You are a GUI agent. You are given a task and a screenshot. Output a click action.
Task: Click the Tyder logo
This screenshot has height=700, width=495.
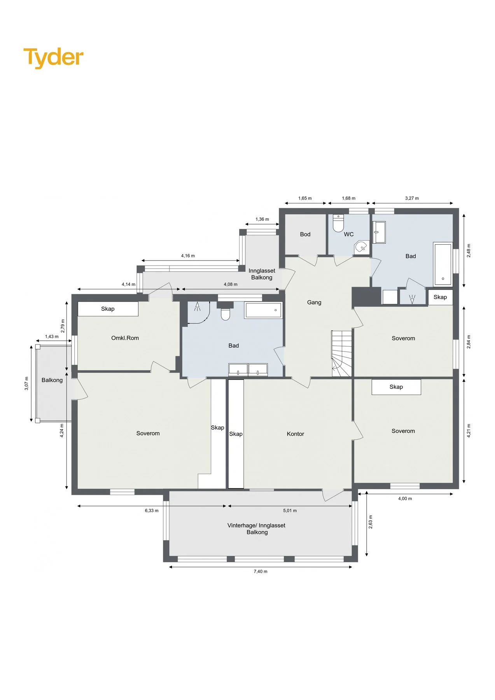53,58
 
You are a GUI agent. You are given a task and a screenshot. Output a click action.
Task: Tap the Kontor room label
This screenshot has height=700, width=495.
295,434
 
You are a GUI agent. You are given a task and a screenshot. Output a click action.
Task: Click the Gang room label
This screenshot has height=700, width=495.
314,303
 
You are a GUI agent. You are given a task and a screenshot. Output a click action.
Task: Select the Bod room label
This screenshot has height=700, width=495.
305,234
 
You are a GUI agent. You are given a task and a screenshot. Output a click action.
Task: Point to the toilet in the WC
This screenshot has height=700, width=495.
338,223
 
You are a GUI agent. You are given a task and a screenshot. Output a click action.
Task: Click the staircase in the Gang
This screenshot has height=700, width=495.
342,353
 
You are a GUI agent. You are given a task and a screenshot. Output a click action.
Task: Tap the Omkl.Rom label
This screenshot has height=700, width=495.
125,338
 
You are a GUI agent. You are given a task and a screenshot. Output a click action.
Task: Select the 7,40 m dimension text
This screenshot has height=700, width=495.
261,571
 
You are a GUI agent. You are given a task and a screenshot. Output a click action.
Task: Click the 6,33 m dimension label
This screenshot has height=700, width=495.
152,511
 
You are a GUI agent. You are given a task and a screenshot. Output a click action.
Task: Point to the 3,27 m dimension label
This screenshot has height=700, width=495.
412,198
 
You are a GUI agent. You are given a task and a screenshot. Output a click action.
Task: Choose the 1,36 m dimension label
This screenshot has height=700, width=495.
262,219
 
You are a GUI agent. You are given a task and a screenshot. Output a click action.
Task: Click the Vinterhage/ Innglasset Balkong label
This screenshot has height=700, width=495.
257,529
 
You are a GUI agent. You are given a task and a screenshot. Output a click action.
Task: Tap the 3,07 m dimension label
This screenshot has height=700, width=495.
26,383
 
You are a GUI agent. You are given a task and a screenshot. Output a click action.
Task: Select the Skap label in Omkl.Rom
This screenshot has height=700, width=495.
108,309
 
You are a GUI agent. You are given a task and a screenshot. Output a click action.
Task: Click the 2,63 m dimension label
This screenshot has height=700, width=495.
371,522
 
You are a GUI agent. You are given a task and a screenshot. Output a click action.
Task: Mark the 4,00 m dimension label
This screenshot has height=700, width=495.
405,499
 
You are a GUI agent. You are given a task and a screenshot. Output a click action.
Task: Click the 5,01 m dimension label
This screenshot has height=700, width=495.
290,511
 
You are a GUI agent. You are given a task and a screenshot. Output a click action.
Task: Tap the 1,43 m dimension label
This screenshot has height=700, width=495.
52,337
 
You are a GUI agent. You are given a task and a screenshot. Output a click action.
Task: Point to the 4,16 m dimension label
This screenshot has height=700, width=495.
188,256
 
